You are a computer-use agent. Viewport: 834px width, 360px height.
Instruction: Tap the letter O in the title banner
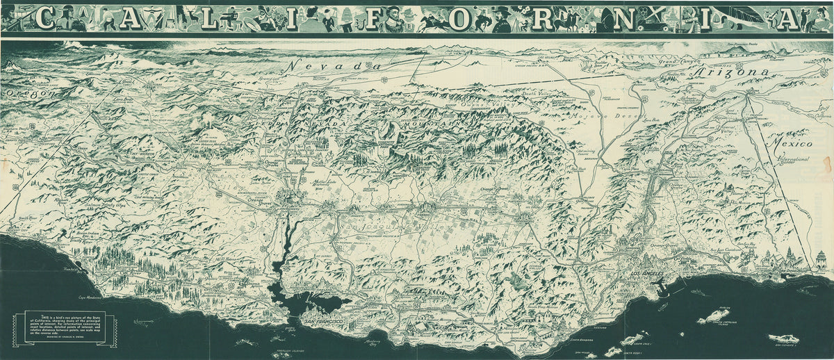pos(459,19)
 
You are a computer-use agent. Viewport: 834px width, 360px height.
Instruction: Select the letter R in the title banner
pos(543,19)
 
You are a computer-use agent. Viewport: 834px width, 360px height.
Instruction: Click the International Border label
pos(790,162)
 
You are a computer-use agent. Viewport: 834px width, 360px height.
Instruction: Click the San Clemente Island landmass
pos(784,339)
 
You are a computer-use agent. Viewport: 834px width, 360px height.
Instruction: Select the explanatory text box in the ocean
pos(65,325)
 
